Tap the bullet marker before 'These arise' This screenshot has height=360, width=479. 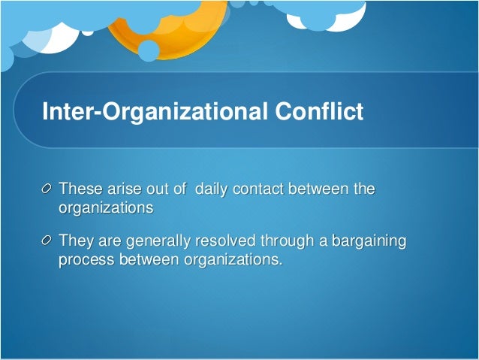[x=47, y=188]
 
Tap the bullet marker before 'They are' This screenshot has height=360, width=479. [x=47, y=241]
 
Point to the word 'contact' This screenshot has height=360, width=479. [x=260, y=188]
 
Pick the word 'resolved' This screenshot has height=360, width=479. [x=225, y=241]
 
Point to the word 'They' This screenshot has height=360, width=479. [x=74, y=241]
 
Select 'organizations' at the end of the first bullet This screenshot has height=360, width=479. [x=106, y=207]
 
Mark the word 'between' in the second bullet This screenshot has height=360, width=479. [x=148, y=260]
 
